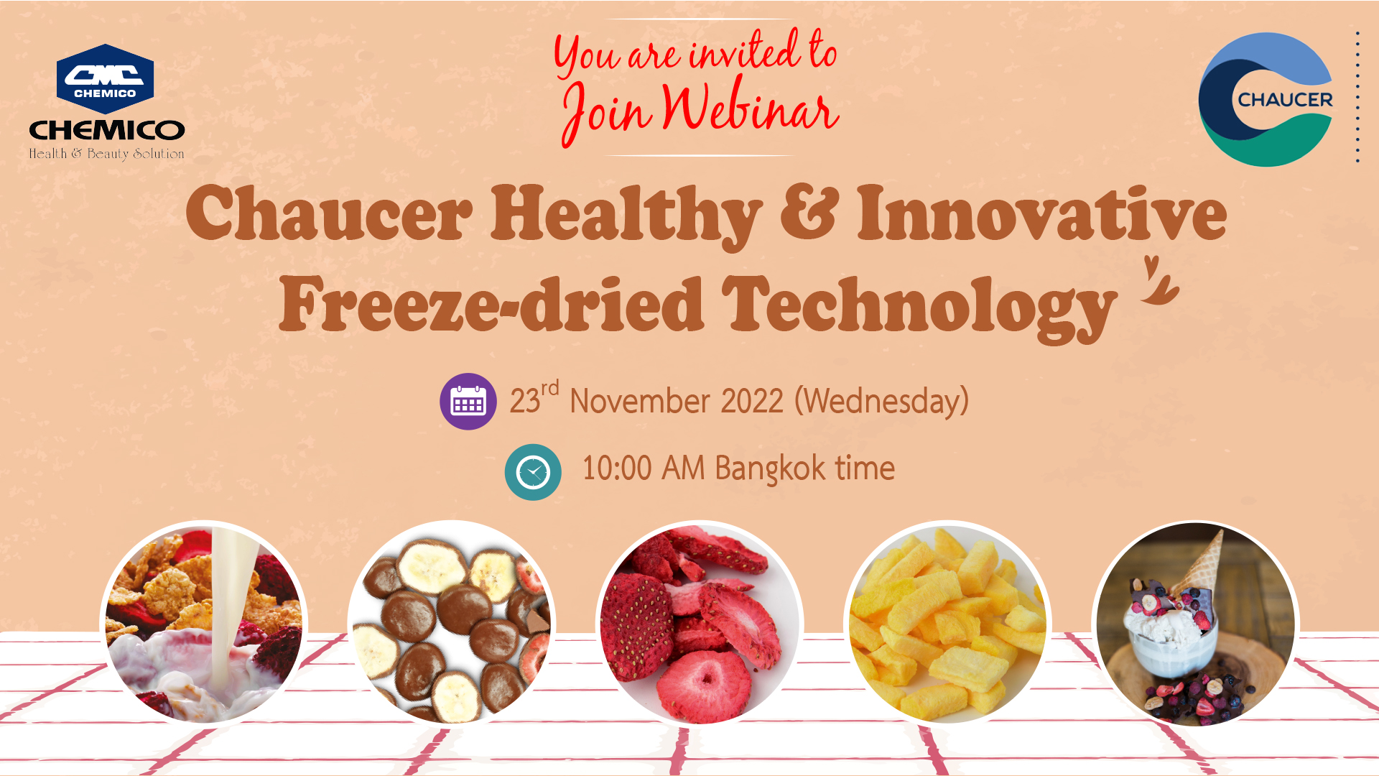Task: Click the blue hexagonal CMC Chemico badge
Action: [105, 79]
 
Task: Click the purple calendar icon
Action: [468, 402]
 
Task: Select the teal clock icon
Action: [533, 472]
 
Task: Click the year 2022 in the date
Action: [751, 401]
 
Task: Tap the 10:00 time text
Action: [616, 468]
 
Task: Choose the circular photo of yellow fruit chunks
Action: [948, 624]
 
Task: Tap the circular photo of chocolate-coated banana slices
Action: [452, 624]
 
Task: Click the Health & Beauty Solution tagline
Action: [106, 154]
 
